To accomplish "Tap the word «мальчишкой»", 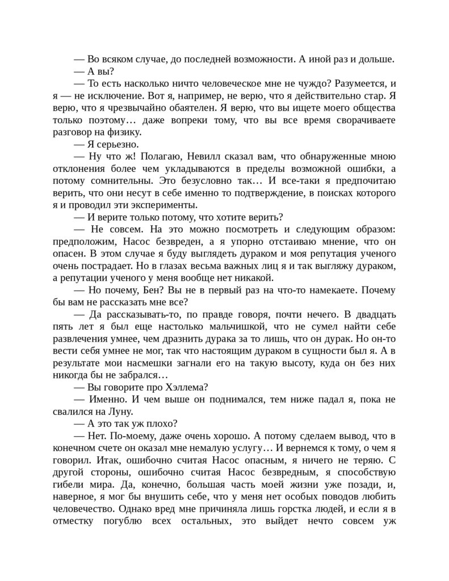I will coord(226,327).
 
